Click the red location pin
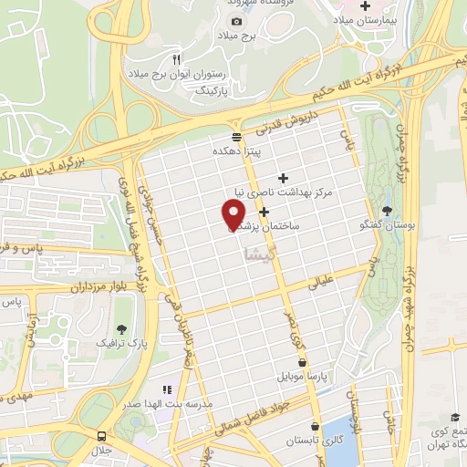point(233,214)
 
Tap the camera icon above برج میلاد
point(237,21)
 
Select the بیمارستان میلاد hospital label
point(368,19)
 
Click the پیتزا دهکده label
point(238,150)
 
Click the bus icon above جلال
point(100,437)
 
